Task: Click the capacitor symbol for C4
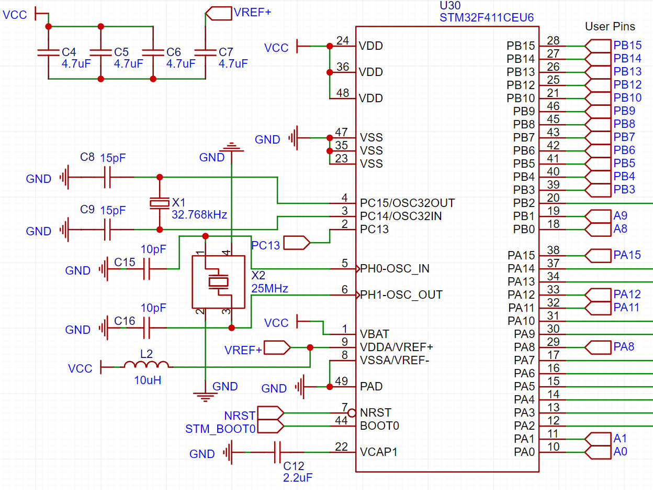[x=48, y=52]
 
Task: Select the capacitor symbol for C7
[x=205, y=52]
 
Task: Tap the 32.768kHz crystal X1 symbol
[x=160, y=203]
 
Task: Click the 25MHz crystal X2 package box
[x=218, y=282]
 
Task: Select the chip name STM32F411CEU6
[x=487, y=17]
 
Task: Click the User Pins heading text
[x=610, y=26]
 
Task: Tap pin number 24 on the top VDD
[x=343, y=41]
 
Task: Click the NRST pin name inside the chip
[x=375, y=412]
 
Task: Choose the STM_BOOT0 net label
[x=220, y=429]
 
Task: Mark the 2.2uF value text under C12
[x=298, y=477]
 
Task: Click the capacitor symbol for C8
[x=108, y=177]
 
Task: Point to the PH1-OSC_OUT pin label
[x=401, y=295]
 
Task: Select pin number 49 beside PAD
[x=341, y=381]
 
